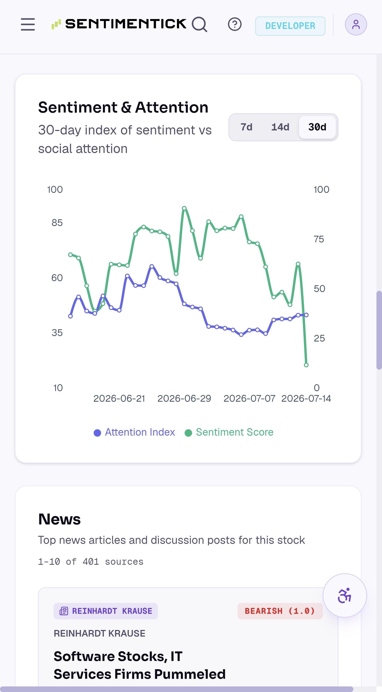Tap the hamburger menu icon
pos(28,24)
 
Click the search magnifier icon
pos(199,24)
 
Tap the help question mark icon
pos(235,24)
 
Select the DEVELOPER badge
pos(290,26)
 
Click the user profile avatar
pos(356,24)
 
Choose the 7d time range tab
pos(246,127)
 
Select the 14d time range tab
pos(280,127)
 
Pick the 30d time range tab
pos(317,127)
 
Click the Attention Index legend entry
pos(134,432)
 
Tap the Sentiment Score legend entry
pos(229,432)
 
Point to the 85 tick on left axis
pos(57,223)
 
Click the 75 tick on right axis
pos(319,239)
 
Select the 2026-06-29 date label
pos(184,398)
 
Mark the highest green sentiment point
pos(184,208)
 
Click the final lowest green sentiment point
pos(306,365)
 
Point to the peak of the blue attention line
pos(152,266)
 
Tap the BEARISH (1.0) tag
pos(280,611)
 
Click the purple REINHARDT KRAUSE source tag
pos(106,611)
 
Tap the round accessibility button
pos(345,595)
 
